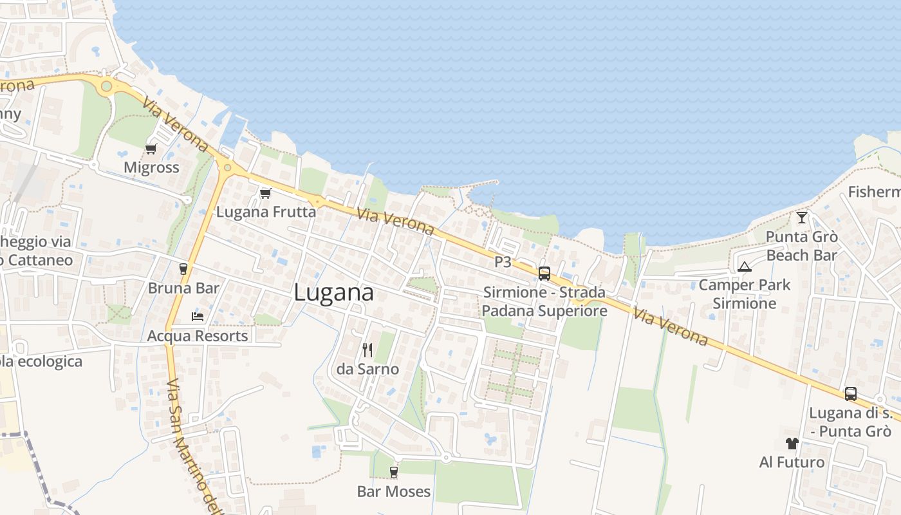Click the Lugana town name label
tap(333, 293)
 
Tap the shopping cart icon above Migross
tap(151, 149)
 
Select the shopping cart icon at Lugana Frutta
tap(265, 193)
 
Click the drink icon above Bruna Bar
tap(183, 268)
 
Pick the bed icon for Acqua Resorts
tap(198, 317)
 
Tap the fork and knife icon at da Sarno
tap(367, 350)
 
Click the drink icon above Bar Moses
tap(394, 473)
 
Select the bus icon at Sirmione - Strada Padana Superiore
tap(544, 274)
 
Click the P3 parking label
tap(503, 262)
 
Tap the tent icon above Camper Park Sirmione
tap(745, 267)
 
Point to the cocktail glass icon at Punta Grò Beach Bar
tap(801, 218)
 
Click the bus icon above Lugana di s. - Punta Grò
tap(850, 394)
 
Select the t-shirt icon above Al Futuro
tap(792, 444)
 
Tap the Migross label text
tap(151, 168)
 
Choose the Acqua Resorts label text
tap(198, 336)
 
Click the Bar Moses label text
tap(394, 492)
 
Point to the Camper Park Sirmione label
tap(745, 294)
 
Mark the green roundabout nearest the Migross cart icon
tap(107, 86)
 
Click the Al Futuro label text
tap(792, 462)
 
